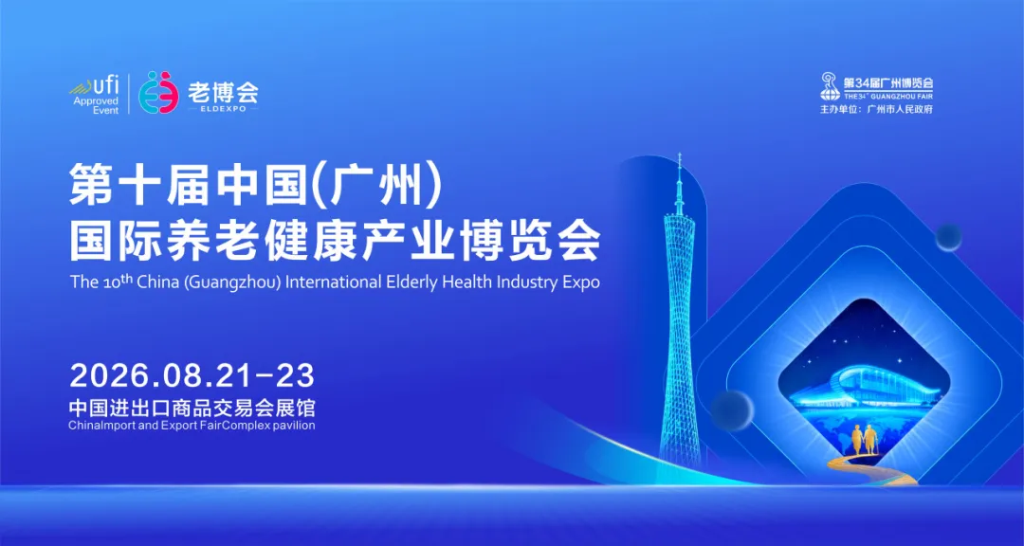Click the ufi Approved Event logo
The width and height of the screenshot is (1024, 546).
click(x=95, y=94)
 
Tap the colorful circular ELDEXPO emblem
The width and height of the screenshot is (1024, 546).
click(x=158, y=92)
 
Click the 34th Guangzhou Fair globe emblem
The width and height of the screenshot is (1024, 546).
click(x=830, y=86)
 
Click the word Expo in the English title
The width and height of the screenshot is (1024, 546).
click(x=579, y=282)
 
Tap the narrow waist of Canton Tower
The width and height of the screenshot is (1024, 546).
click(x=680, y=313)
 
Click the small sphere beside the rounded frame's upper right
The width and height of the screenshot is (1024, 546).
click(x=948, y=236)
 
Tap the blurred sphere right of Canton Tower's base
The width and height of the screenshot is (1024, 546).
click(x=732, y=409)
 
